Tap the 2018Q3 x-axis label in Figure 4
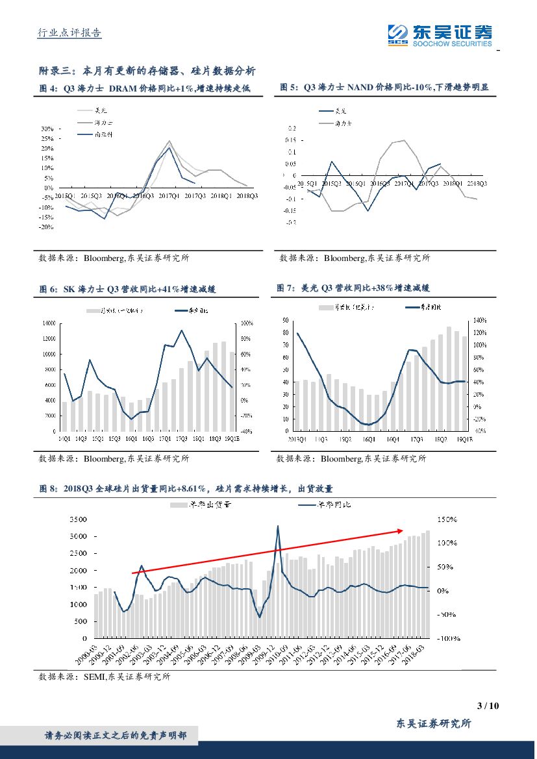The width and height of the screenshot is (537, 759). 247,195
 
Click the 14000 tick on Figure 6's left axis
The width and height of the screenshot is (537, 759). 49,323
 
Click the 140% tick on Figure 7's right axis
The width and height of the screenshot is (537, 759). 480,321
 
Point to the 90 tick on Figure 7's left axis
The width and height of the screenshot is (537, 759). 286,321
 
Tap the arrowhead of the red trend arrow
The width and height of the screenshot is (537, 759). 404,530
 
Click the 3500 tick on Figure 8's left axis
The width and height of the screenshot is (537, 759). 77,520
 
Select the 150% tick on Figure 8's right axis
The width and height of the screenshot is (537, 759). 447,520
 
